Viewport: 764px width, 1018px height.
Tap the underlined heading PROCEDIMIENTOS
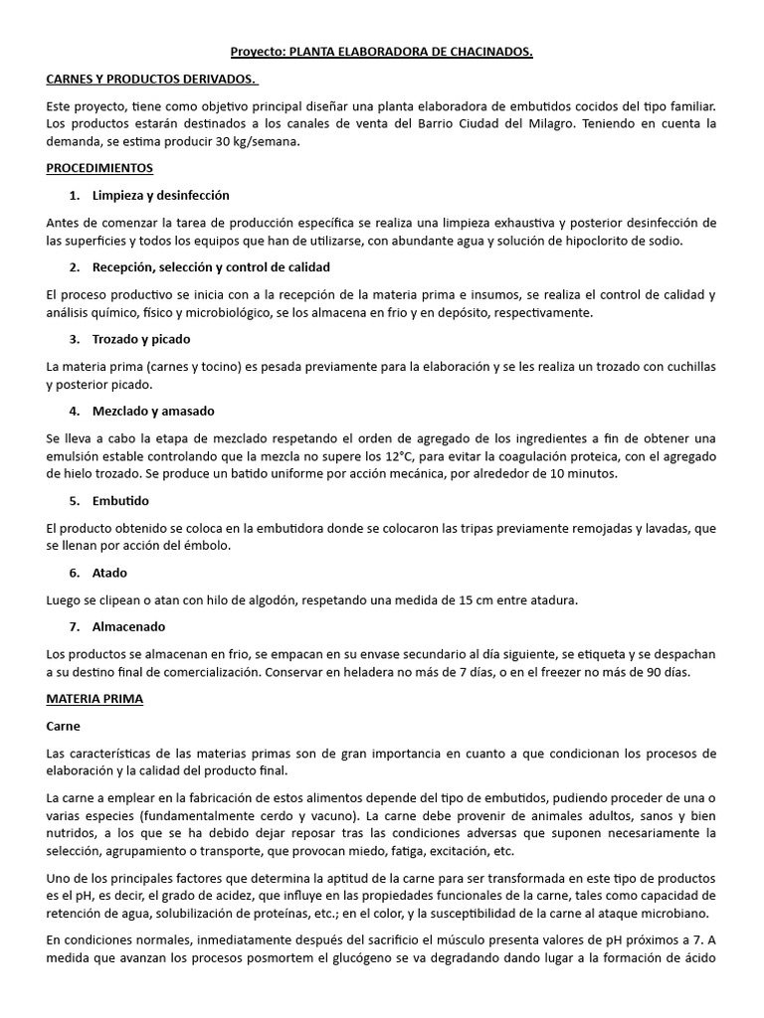click(99, 168)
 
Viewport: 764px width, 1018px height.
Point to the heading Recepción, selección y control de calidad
click(211, 267)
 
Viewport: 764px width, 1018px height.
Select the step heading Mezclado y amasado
click(153, 411)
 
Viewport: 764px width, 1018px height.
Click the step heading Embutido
click(120, 501)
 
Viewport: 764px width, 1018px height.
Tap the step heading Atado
click(109, 573)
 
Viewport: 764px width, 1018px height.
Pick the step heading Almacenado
click(129, 626)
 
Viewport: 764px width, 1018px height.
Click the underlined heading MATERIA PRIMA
click(95, 699)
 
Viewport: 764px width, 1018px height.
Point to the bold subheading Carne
click(64, 726)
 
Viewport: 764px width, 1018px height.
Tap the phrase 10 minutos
click(583, 474)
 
